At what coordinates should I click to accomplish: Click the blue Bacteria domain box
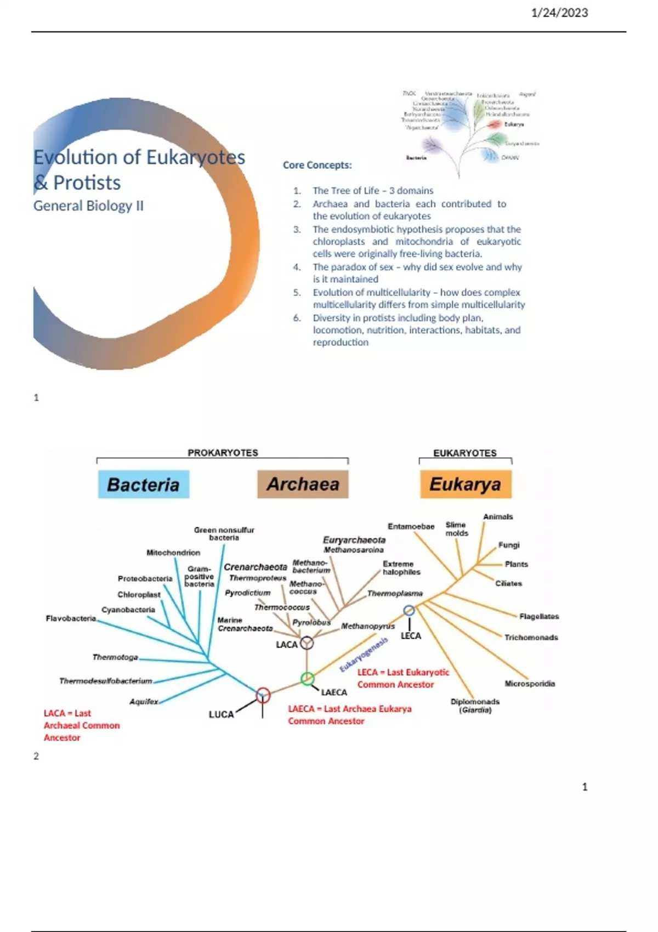pos(144,484)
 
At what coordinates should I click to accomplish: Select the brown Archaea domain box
pos(303,484)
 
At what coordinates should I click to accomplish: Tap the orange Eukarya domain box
pos(466,484)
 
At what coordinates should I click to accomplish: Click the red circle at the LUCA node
pos(263,695)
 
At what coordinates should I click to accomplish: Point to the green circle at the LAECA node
pos(308,679)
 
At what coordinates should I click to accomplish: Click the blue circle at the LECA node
pos(409,610)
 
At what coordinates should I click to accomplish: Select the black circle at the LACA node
pos(307,643)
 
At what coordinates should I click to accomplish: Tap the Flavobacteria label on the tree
pos(71,618)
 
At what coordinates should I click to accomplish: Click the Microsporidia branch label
pos(530,684)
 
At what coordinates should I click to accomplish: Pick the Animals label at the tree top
pos(498,516)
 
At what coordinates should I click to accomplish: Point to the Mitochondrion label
pos(173,553)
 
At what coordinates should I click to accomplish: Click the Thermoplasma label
pos(395,593)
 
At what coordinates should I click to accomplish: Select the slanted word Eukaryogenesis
pos(364,654)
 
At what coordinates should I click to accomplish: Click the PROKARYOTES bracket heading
pos(223,453)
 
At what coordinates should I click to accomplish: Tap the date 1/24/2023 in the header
pos(559,13)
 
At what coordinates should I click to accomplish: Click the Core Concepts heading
pos(317,165)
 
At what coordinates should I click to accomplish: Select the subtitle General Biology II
pos(88,206)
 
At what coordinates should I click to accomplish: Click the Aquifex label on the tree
pos(144,701)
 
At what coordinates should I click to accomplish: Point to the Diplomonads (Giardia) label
pos(475,706)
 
